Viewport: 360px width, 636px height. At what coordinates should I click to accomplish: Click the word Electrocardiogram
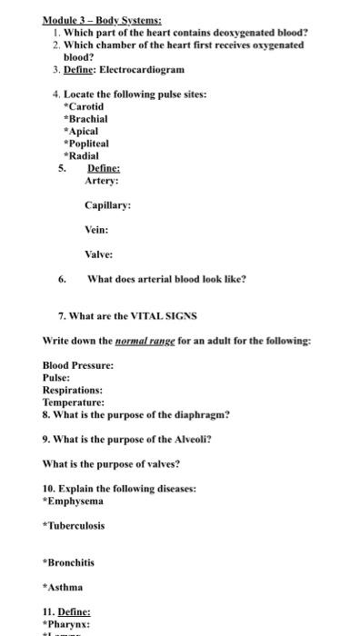point(141,69)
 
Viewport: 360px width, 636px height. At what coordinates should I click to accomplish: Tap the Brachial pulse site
point(86,118)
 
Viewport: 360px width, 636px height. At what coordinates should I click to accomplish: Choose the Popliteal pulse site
point(87,143)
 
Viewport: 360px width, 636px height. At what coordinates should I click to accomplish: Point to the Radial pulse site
point(83,155)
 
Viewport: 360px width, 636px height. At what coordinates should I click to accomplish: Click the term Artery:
point(102,180)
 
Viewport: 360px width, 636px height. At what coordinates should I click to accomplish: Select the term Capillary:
point(107,205)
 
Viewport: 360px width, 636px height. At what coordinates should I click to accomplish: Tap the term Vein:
point(97,230)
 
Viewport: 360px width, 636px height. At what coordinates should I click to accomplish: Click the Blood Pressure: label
point(78,365)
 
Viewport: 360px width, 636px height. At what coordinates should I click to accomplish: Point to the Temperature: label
point(74,402)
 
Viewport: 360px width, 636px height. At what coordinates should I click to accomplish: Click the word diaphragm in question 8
point(201,414)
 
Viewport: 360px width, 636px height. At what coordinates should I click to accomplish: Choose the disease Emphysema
point(75,501)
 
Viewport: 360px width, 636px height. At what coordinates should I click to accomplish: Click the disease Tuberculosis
point(75,525)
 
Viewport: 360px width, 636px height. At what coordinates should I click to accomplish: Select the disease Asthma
point(65,587)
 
